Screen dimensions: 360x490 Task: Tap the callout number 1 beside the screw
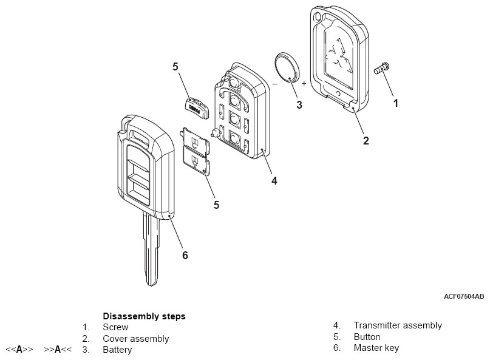(x=396, y=103)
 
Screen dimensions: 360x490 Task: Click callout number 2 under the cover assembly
(x=366, y=140)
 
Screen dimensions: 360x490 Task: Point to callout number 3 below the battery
(x=299, y=104)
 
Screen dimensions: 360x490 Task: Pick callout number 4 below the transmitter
(x=274, y=180)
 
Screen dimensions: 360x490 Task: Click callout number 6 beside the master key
(x=185, y=255)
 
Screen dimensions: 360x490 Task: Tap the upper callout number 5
(x=175, y=67)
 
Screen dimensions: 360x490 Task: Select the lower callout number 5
(x=216, y=205)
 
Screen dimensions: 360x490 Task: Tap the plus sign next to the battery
(x=304, y=83)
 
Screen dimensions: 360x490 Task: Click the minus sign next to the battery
(x=274, y=83)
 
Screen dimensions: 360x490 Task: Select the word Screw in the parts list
(x=115, y=327)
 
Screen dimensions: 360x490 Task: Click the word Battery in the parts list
(x=117, y=350)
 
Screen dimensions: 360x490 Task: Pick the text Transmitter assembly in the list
(x=398, y=325)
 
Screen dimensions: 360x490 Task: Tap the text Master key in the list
(x=376, y=348)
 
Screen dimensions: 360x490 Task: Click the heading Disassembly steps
(x=144, y=316)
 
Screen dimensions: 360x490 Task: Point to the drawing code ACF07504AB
(x=464, y=297)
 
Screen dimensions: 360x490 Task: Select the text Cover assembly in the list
(x=135, y=339)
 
